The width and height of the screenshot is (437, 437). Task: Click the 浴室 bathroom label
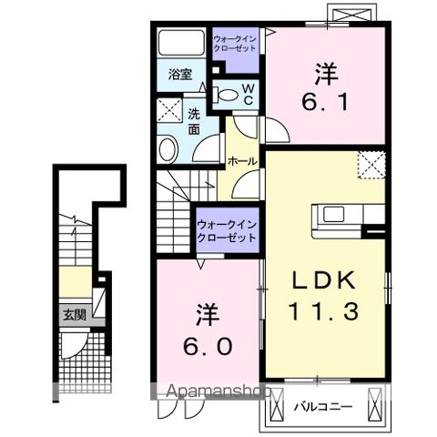pyautogui.click(x=179, y=75)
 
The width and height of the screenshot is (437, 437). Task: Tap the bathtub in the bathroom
pyautogui.click(x=181, y=44)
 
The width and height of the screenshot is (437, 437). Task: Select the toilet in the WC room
pyautogui.click(x=225, y=92)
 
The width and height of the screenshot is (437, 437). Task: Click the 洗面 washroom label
pyautogui.click(x=196, y=122)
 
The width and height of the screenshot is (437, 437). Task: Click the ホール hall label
pyautogui.click(x=240, y=160)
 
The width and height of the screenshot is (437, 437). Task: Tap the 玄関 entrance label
pyautogui.click(x=74, y=316)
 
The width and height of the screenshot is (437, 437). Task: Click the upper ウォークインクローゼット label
pyautogui.click(x=235, y=44)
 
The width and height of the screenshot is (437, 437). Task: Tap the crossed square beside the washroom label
pyautogui.click(x=170, y=113)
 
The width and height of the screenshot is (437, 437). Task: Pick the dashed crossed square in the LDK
pyautogui.click(x=372, y=165)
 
